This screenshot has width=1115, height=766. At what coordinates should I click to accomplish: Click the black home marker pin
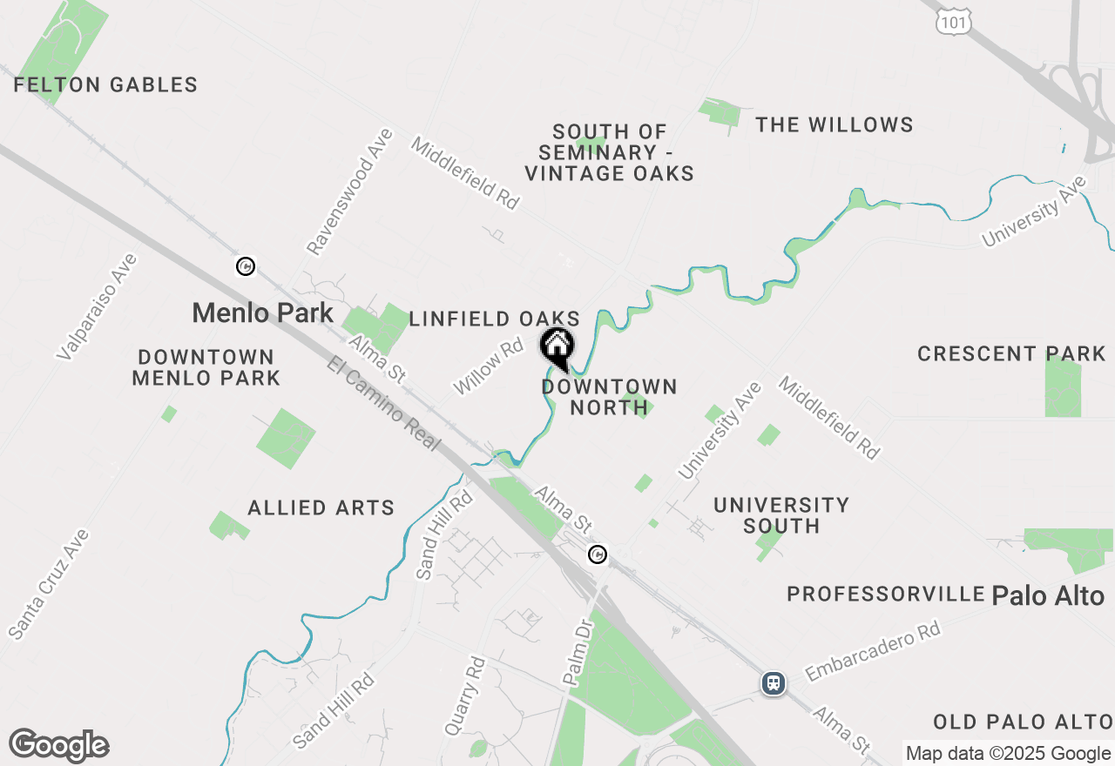point(557,348)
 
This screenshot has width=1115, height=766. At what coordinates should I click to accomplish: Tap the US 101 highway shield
point(954,22)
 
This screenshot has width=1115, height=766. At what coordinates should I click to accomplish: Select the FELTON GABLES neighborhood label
point(105,85)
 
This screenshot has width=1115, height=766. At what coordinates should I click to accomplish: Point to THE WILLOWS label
point(834,125)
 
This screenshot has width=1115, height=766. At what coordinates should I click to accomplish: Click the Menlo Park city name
point(262,312)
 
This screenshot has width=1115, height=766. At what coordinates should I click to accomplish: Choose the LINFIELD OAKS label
point(494,319)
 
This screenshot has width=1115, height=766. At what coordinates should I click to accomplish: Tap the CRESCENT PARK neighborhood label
point(1011,354)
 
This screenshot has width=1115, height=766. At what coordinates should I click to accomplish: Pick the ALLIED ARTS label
point(321,507)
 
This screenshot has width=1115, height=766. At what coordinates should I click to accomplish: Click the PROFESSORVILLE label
point(885,595)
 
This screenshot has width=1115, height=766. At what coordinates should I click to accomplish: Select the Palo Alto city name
point(1048,596)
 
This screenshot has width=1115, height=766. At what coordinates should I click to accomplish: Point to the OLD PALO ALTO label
point(1023,722)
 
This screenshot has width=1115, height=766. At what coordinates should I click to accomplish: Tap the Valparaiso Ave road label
point(97,306)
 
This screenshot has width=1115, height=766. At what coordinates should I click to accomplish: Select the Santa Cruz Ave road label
point(49,583)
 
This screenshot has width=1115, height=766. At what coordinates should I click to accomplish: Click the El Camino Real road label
point(383,403)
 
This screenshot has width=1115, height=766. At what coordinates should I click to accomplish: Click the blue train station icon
point(774,683)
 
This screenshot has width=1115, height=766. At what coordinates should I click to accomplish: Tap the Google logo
point(58,746)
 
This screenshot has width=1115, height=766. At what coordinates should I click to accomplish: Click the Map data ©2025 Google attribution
point(1008,754)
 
